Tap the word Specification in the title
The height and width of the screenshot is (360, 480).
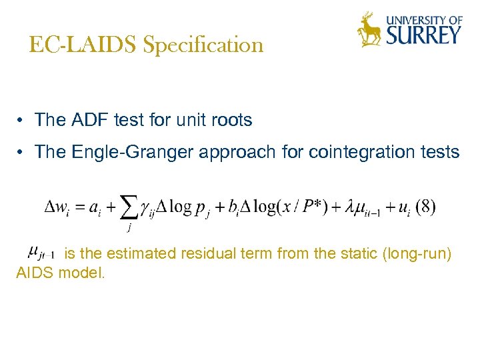pyautogui.click(x=203, y=46)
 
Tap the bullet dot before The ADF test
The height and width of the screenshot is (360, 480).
pyautogui.click(x=22, y=121)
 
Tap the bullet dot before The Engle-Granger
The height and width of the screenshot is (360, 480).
pyautogui.click(x=22, y=153)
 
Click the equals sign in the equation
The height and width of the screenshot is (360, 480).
pyautogui.click(x=89, y=207)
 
